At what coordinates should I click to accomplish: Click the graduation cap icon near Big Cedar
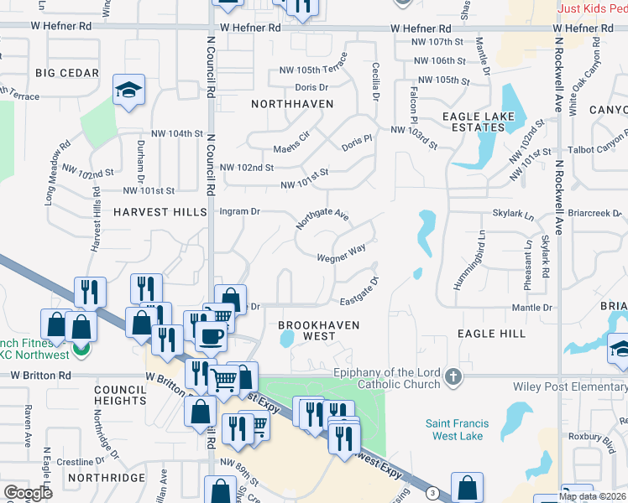128,90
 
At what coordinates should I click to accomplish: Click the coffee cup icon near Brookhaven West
210,337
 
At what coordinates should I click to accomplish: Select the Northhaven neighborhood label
292,104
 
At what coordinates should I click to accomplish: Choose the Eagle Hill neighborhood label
491,334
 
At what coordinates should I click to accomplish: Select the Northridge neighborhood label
107,478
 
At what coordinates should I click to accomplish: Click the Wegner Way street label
341,254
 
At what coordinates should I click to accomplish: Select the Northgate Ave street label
322,220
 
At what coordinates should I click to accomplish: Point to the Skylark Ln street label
513,215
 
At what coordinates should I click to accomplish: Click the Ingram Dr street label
239,212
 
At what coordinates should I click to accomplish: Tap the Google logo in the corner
28,493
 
